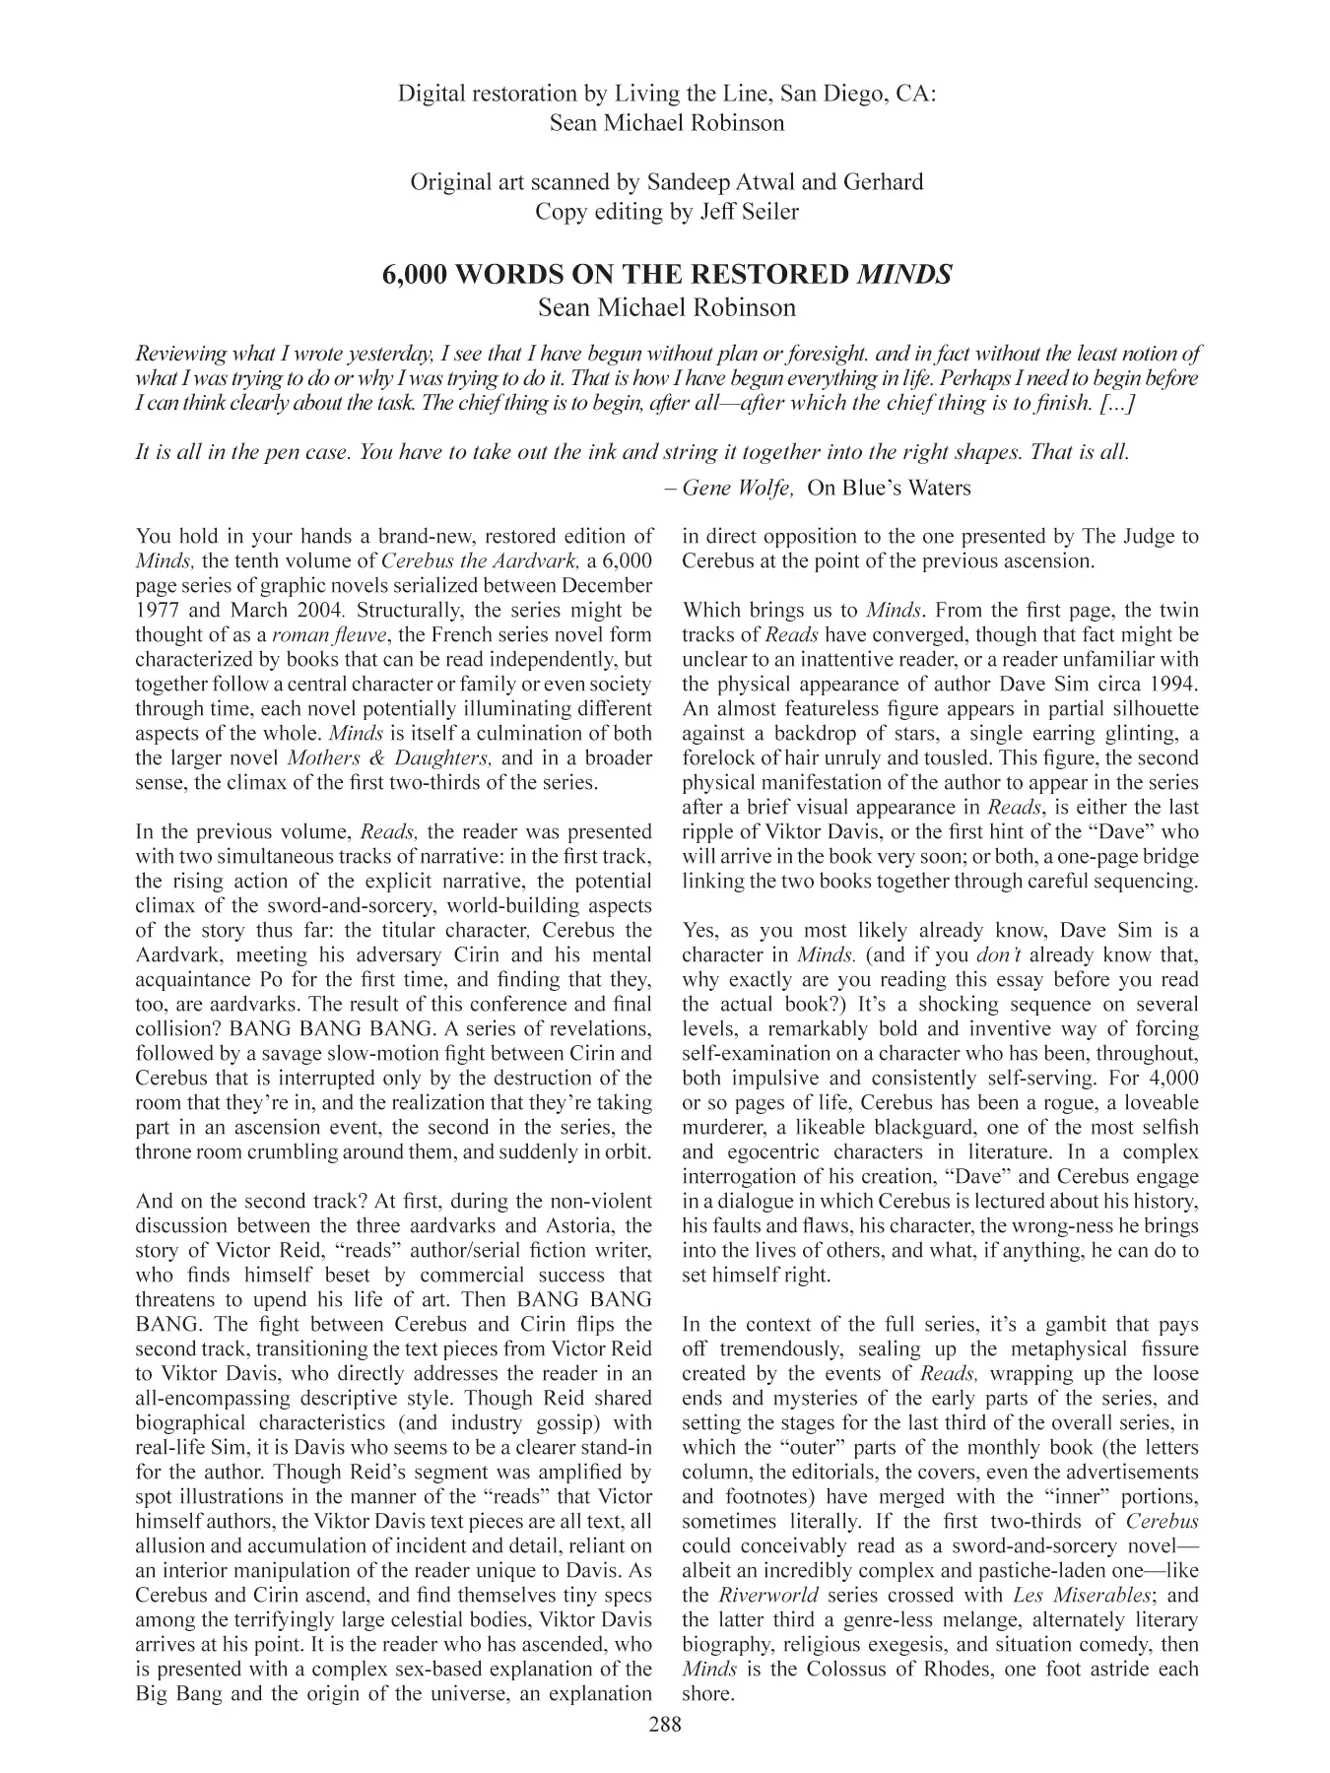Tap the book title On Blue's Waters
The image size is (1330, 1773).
coord(888,488)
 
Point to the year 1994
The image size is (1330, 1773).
coord(1168,685)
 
